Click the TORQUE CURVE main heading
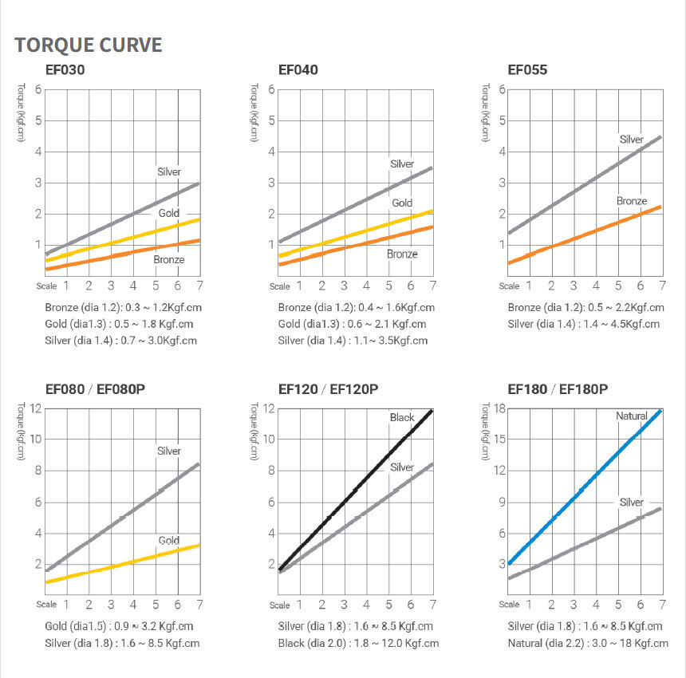88,44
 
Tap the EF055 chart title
527,69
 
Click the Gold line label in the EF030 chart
168,213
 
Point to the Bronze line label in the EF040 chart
402,254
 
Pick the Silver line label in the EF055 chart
631,140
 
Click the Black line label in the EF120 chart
402,417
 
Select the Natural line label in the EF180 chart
631,416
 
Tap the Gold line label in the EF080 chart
168,540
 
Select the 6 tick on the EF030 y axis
37,89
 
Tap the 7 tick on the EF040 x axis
432,285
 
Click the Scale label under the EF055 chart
510,286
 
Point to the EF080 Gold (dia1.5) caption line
120,626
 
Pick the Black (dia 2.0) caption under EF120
359,643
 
